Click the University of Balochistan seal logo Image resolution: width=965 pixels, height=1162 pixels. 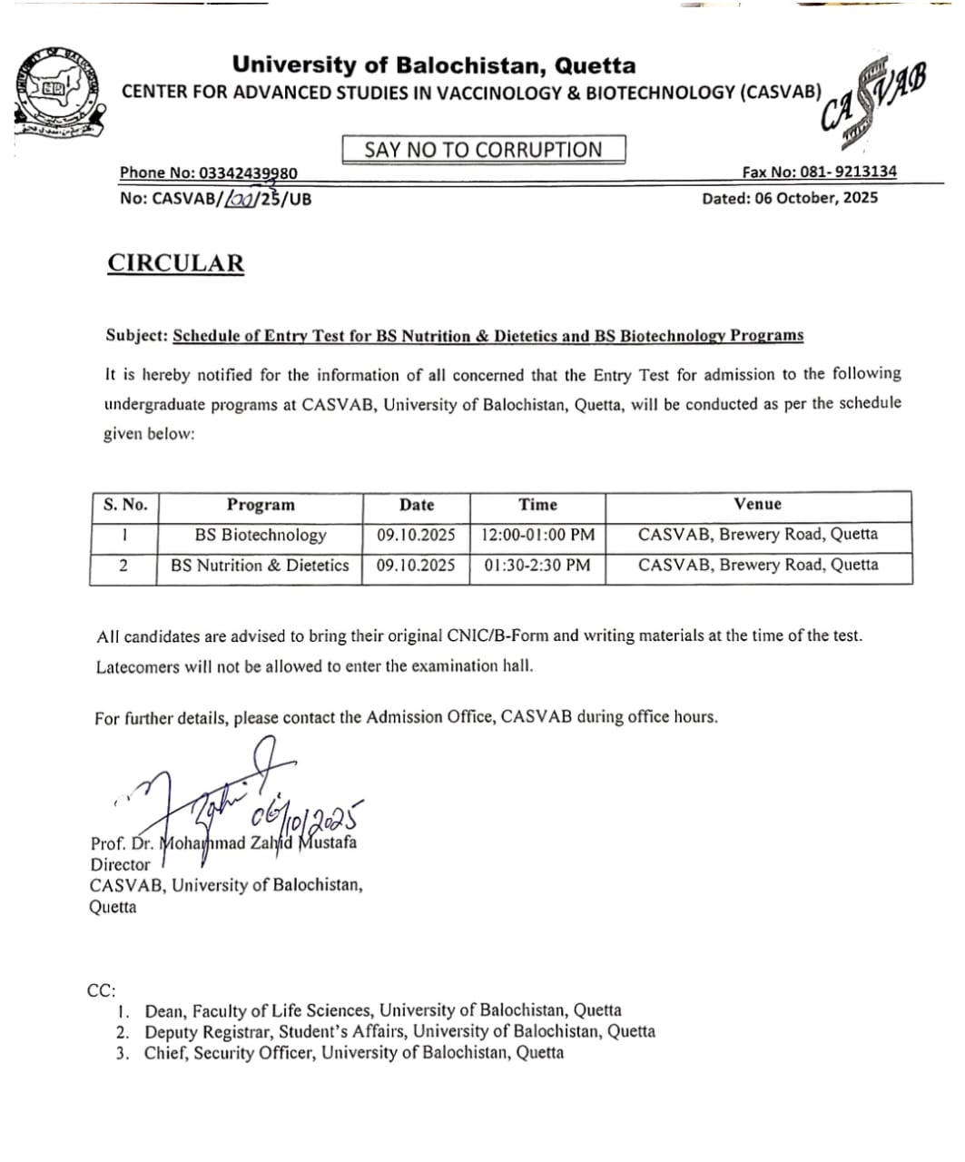tap(60, 92)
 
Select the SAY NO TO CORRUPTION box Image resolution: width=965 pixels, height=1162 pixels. tap(483, 150)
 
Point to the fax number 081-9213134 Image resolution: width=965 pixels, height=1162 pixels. tap(849, 172)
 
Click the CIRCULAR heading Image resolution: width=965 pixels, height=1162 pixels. tap(176, 263)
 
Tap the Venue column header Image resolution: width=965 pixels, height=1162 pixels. tap(758, 504)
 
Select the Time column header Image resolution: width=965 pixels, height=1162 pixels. tap(537, 505)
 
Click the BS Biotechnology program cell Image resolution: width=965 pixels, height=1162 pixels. tap(261, 535)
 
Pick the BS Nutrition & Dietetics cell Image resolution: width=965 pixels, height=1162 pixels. tap(260, 565)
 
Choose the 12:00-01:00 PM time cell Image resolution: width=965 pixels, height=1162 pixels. tap(538, 535)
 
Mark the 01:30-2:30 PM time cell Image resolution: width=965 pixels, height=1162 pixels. tap(537, 565)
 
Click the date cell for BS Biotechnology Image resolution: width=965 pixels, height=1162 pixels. tap(416, 535)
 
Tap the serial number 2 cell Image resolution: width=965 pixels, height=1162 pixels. tap(123, 565)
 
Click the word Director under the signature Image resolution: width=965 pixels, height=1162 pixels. tap(120, 864)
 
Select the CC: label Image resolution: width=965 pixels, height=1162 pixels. tap(101, 990)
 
